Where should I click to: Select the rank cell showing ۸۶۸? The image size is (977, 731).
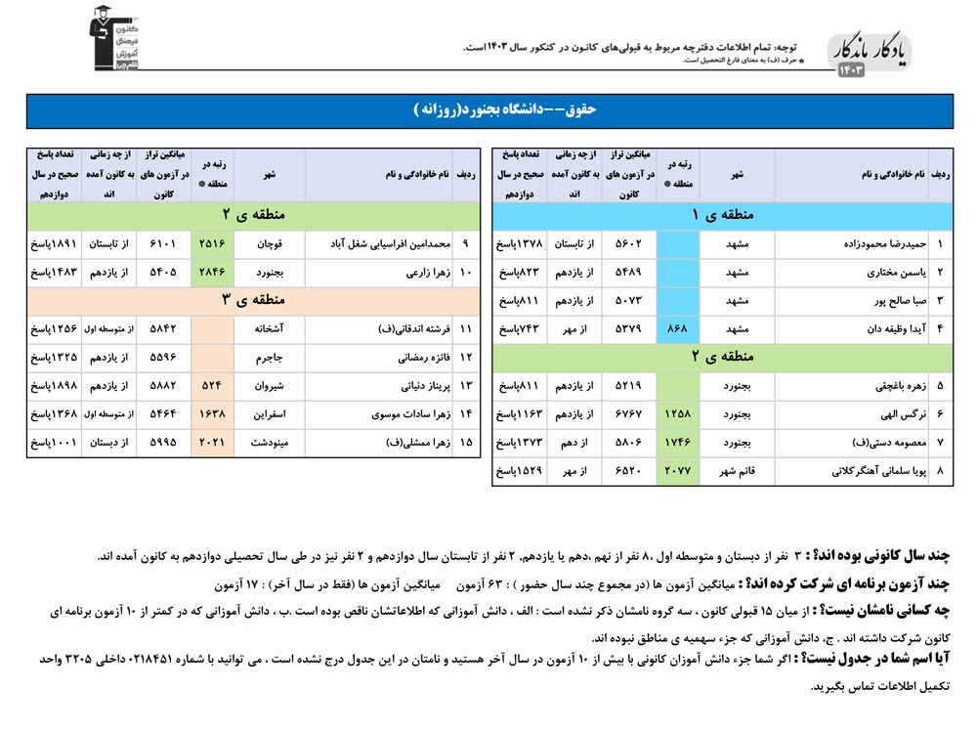click(x=677, y=328)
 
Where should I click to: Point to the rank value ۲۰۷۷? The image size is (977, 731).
click(x=677, y=471)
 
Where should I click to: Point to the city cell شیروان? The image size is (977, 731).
click(x=269, y=386)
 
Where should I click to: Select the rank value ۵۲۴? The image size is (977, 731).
click(x=212, y=386)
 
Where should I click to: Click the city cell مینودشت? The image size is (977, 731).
click(x=269, y=443)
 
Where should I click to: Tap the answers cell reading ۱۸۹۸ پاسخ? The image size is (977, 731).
click(x=53, y=386)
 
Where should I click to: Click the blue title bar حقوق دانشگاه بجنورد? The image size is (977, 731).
click(x=488, y=110)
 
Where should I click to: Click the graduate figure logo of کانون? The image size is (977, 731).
click(x=115, y=39)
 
